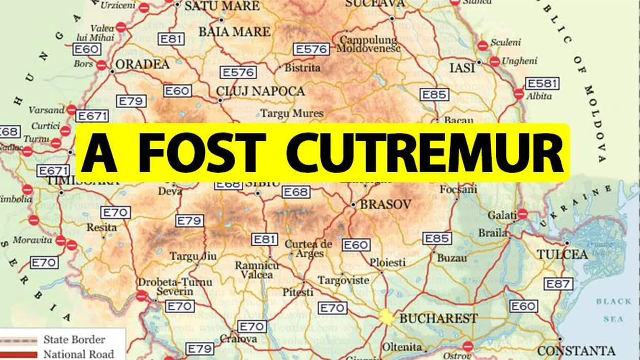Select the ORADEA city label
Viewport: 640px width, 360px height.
(x=142, y=64)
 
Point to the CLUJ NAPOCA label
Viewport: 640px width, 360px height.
(x=260, y=91)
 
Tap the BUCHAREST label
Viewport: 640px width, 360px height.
(x=438, y=318)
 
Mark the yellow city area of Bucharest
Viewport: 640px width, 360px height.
(x=386, y=317)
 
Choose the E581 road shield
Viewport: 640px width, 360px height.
(x=542, y=83)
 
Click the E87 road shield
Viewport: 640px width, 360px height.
(x=558, y=284)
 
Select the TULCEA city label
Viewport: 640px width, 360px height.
(x=562, y=254)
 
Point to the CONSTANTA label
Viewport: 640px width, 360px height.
(x=576, y=351)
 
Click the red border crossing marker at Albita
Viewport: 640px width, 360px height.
(x=519, y=94)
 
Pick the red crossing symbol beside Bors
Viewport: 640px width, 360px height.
(x=102, y=65)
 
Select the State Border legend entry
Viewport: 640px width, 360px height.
(x=74, y=339)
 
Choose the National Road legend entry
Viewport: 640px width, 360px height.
(x=78, y=353)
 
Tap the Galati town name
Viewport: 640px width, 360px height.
(x=502, y=215)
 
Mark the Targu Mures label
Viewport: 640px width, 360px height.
(x=292, y=113)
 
